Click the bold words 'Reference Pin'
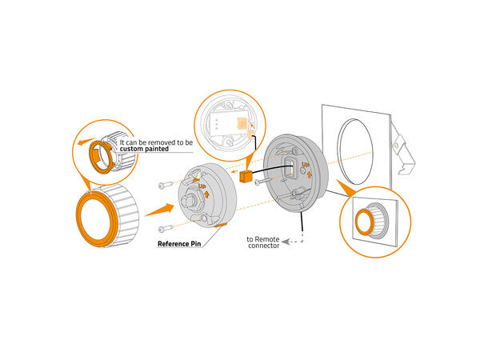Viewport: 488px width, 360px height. (179, 244)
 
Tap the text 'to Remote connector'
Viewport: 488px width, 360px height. (263, 242)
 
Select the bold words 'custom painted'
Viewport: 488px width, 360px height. (144, 149)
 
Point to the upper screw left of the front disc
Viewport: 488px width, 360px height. (165, 185)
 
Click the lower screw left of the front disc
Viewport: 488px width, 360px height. (165, 229)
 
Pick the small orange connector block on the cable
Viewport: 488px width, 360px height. (245, 177)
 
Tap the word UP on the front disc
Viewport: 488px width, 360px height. (202, 186)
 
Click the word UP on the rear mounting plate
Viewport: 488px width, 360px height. (306, 165)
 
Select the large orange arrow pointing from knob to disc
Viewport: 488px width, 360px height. (159, 210)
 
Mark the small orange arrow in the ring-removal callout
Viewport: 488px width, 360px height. (86, 142)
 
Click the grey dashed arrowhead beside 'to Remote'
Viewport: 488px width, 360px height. (286, 241)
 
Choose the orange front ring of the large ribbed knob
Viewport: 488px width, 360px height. (97, 219)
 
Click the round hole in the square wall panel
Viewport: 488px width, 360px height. (355, 151)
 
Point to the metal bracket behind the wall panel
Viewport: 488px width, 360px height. (404, 150)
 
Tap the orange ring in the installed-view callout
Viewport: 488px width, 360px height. (365, 222)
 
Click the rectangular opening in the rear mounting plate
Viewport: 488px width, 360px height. (289, 167)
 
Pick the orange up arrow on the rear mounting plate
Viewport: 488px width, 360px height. (309, 174)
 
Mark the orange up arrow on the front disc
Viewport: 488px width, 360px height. (206, 194)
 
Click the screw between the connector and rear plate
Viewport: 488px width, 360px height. (263, 182)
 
